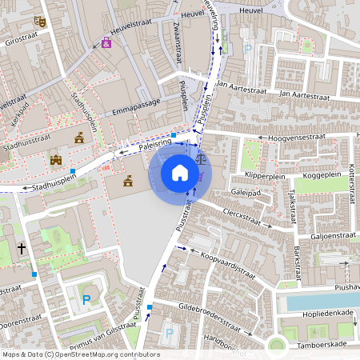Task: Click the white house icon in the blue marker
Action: tap(180, 173)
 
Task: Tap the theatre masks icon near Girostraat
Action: tap(41, 17)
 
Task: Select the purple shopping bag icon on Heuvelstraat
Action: tap(107, 42)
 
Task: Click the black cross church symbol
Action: tap(22, 250)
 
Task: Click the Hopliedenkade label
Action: tap(322, 314)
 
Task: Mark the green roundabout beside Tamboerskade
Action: tap(277, 346)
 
